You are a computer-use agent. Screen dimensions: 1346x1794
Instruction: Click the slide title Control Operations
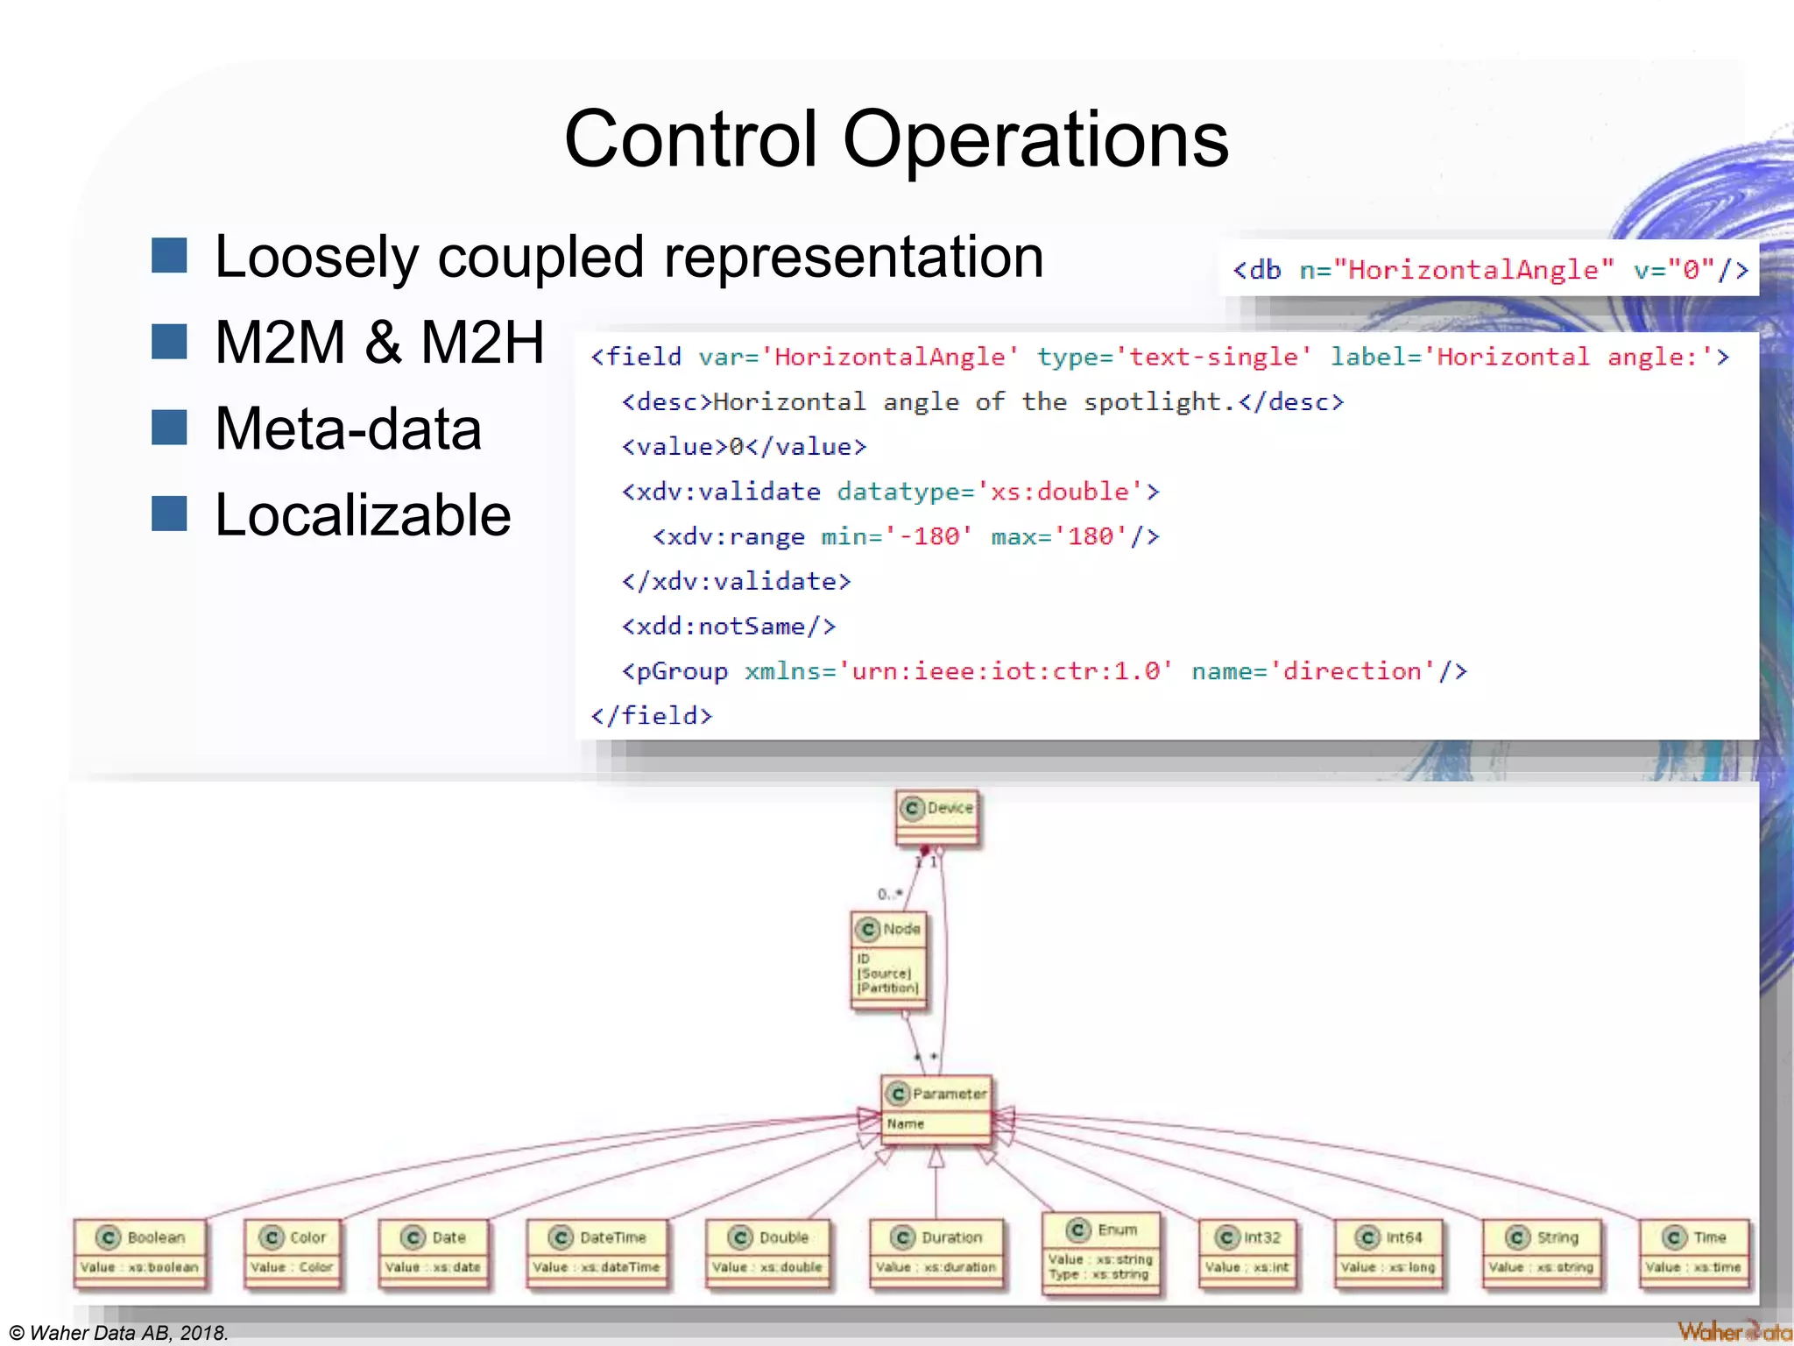896,140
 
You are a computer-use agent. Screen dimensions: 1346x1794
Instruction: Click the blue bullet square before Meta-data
169,428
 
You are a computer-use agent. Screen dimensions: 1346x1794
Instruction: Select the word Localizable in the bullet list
363,514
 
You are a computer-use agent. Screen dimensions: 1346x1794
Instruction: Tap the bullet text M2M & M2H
379,342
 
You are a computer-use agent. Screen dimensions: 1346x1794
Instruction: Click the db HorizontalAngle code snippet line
1489,269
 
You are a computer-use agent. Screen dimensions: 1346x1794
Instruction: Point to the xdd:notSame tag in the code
728,626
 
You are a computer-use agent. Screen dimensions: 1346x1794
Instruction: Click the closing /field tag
652,715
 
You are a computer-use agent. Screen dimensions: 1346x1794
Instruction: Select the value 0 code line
744,446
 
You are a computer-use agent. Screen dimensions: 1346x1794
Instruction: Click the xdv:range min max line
906,536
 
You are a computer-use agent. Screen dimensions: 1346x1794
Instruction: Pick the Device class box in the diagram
937,818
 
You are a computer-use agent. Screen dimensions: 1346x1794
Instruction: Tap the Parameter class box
936,1109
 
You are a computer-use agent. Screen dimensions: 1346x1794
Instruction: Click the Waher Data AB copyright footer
118,1332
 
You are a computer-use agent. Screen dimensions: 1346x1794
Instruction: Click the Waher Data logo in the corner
1733,1331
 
